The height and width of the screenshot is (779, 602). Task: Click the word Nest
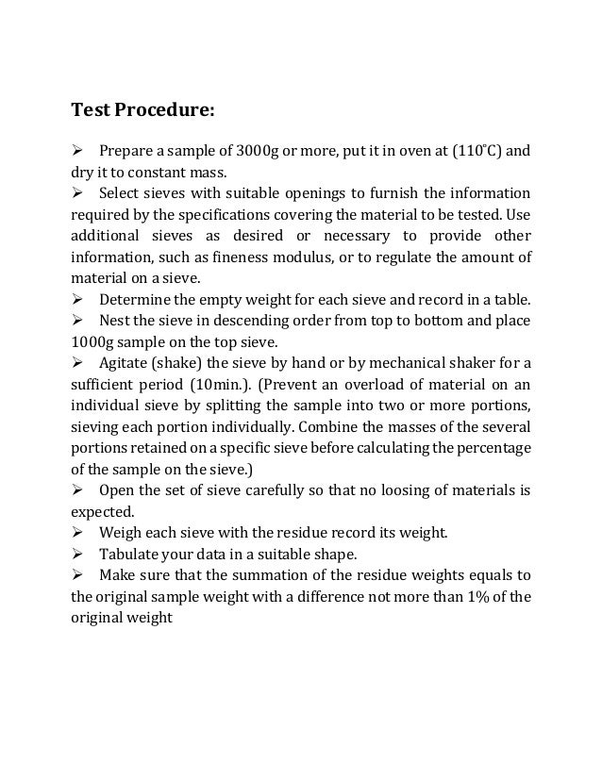coord(115,322)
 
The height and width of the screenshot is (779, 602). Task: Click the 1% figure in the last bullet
coord(453,596)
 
